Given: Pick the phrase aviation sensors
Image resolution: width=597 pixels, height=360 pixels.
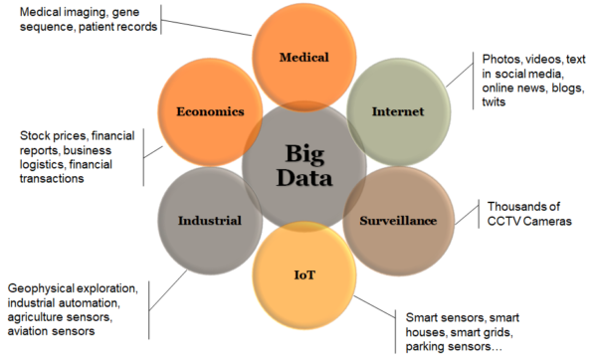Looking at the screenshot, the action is pyautogui.click(x=51, y=332).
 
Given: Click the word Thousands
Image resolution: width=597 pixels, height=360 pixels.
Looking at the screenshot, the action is pyautogui.click(x=520, y=206).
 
